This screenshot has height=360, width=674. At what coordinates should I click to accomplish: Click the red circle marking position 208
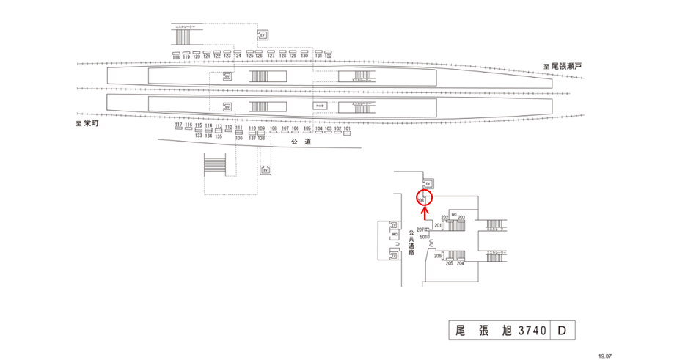tap(423, 198)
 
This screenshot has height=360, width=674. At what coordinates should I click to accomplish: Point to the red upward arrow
tap(424, 213)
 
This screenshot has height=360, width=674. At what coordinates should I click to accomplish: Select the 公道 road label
tap(301, 142)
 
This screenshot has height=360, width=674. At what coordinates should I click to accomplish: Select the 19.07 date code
tap(605, 355)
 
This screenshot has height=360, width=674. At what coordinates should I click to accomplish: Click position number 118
tap(176, 56)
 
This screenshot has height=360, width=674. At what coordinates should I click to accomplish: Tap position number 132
tap(328, 56)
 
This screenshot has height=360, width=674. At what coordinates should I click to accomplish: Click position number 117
tap(178, 125)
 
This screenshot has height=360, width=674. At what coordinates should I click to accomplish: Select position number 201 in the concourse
tap(438, 226)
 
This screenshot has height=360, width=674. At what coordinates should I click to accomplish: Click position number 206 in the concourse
tap(437, 256)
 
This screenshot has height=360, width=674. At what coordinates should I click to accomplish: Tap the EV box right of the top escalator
tap(263, 35)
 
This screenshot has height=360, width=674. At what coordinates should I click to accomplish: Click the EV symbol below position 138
tap(265, 171)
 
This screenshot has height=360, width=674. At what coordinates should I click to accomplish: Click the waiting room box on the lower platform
tap(320, 106)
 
